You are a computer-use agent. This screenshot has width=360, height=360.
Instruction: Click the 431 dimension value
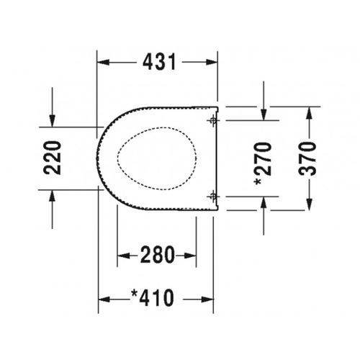coord(159,62)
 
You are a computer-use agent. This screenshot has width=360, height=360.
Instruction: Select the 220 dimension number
coord(52,158)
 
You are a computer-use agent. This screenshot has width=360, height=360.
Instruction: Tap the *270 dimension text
coord(263,164)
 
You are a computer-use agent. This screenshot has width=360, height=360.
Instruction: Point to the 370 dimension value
coord(307,158)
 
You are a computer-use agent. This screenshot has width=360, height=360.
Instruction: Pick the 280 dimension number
coord(157,255)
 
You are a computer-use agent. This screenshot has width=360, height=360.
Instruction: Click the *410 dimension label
coord(153,297)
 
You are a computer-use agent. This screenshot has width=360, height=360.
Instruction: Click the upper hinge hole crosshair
coord(212,120)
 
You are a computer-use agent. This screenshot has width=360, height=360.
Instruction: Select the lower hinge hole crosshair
coord(212,197)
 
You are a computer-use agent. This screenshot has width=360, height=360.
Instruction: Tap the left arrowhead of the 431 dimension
coord(104,63)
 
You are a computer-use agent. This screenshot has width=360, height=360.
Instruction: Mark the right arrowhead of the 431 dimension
coord(212,63)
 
